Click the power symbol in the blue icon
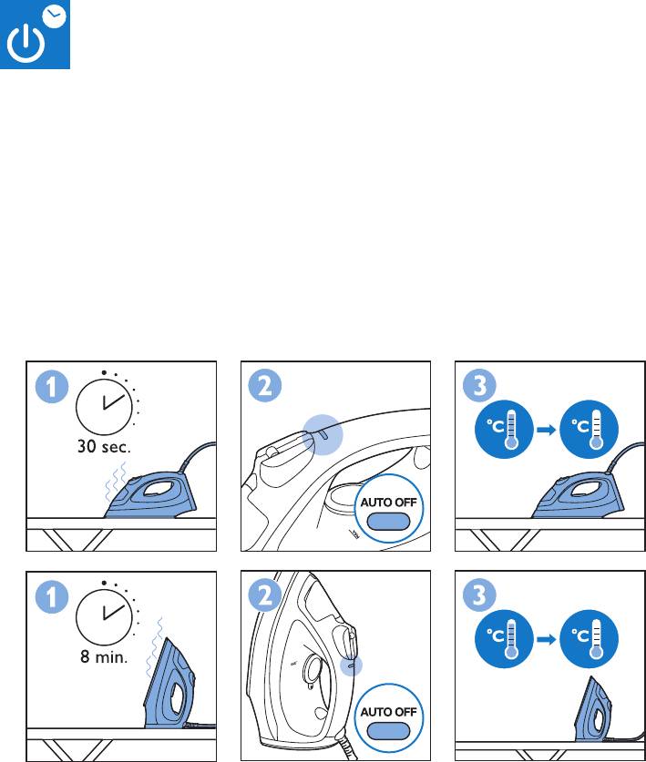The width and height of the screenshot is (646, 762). coord(26,44)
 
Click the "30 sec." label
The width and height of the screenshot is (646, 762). coord(104,447)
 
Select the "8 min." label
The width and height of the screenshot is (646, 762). coord(104,656)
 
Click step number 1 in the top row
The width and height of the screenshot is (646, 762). coord(52,387)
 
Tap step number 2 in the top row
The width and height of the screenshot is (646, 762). coord(265,386)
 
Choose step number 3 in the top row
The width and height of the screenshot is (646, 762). coord(479,386)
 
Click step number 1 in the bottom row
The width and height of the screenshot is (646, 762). coord(52,596)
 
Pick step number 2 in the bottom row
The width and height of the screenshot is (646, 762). coord(265,595)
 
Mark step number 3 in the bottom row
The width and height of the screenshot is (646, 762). coord(479,595)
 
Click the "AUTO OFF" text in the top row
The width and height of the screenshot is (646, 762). coord(389,502)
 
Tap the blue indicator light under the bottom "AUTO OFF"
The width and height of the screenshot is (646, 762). coord(389,730)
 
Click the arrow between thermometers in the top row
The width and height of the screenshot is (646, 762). coord(547,430)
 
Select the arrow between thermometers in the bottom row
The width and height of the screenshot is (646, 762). coord(547,639)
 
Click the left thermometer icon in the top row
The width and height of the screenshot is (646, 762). coord(504,429)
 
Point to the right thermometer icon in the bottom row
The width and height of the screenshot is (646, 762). coord(590,639)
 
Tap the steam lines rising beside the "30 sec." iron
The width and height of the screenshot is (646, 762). coord(116,481)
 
